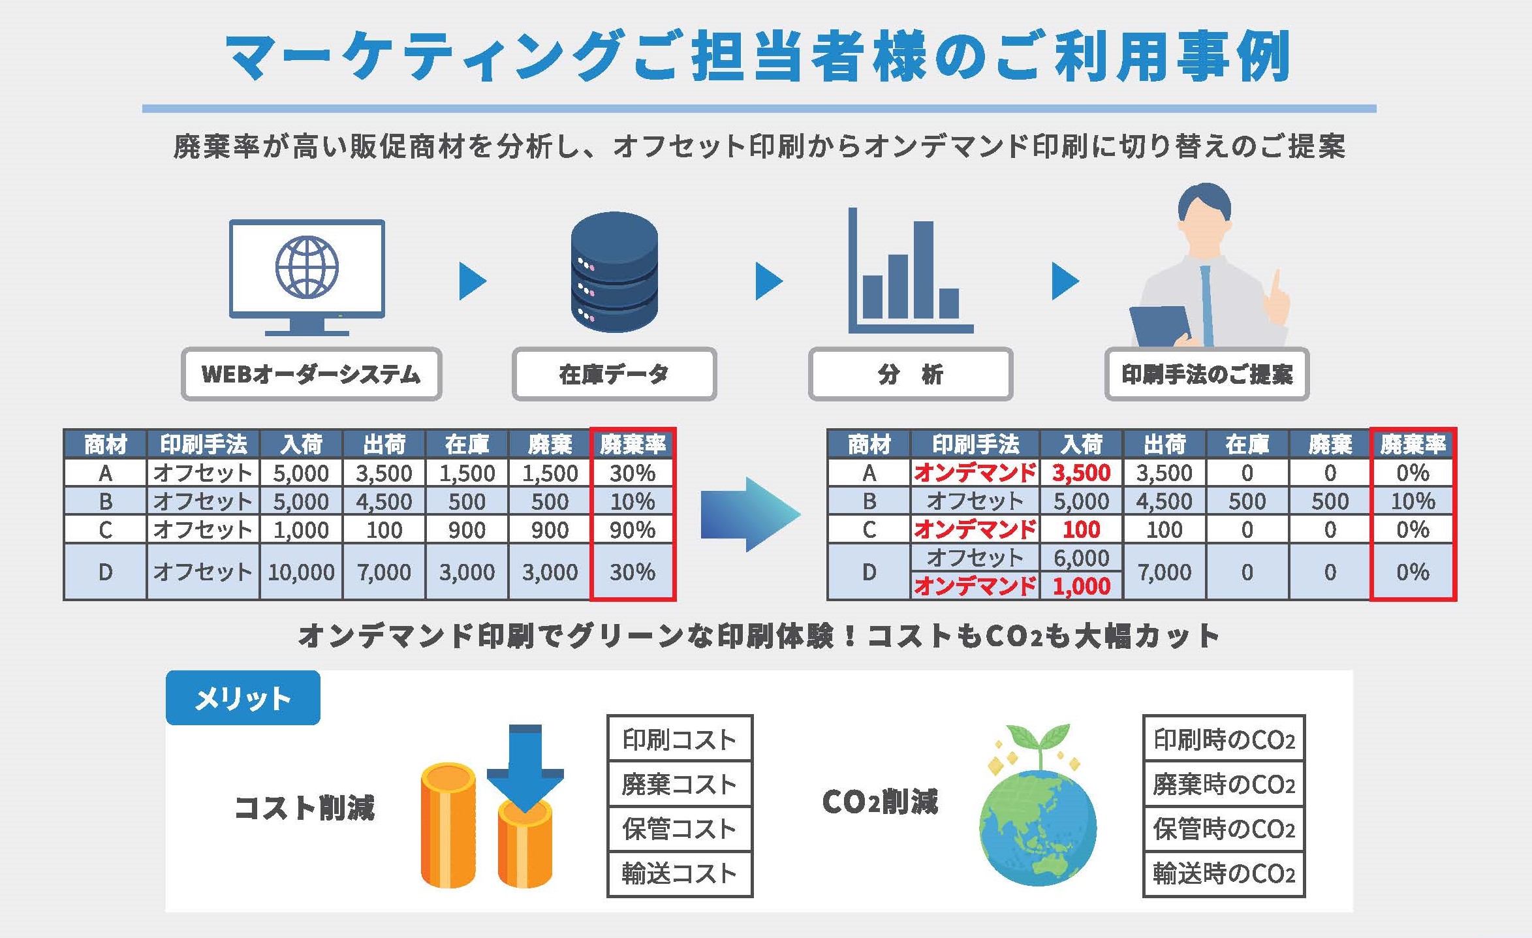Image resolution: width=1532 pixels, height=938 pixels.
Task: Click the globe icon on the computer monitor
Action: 307,267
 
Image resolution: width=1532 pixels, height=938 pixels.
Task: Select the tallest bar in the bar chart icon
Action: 923,269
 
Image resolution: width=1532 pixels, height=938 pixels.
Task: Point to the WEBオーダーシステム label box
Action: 311,374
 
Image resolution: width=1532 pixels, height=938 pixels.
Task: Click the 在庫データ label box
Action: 614,374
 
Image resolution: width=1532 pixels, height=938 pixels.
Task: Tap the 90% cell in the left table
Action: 632,529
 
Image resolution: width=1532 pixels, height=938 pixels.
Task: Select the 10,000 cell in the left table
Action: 301,572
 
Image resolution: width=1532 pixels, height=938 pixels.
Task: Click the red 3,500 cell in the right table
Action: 1081,473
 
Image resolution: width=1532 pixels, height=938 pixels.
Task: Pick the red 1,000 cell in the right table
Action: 1081,586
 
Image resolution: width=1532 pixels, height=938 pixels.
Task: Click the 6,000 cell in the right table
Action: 1081,558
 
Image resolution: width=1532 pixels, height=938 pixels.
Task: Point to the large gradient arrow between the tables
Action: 749,514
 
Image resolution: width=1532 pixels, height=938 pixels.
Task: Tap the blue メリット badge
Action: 243,698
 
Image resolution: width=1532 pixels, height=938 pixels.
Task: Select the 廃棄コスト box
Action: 679,784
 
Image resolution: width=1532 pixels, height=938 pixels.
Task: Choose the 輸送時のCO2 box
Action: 1223,873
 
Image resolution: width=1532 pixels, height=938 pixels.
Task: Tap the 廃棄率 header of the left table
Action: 632,444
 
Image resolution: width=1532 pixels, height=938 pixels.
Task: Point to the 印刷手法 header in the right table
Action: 975,444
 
